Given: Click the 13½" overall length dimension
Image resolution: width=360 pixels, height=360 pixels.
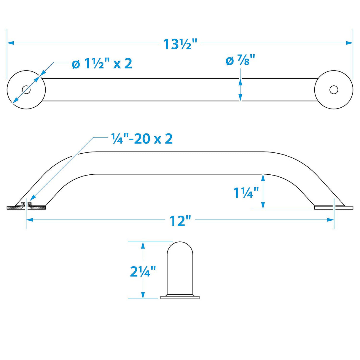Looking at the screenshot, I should click(x=180, y=44).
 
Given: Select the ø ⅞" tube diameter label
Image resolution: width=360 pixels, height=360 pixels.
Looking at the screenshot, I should click(x=240, y=61).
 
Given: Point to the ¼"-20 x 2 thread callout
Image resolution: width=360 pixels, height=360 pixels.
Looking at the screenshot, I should click(x=142, y=138).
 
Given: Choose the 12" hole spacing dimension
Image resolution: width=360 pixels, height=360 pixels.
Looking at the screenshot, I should click(x=180, y=221).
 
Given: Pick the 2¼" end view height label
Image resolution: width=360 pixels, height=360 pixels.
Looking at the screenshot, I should click(x=143, y=271).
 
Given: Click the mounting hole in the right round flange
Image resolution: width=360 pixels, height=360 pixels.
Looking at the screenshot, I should click(x=334, y=90).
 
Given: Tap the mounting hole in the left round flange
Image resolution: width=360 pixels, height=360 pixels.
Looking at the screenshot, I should click(x=26, y=90).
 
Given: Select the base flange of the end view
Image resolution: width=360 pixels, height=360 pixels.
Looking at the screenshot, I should click(x=180, y=297).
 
